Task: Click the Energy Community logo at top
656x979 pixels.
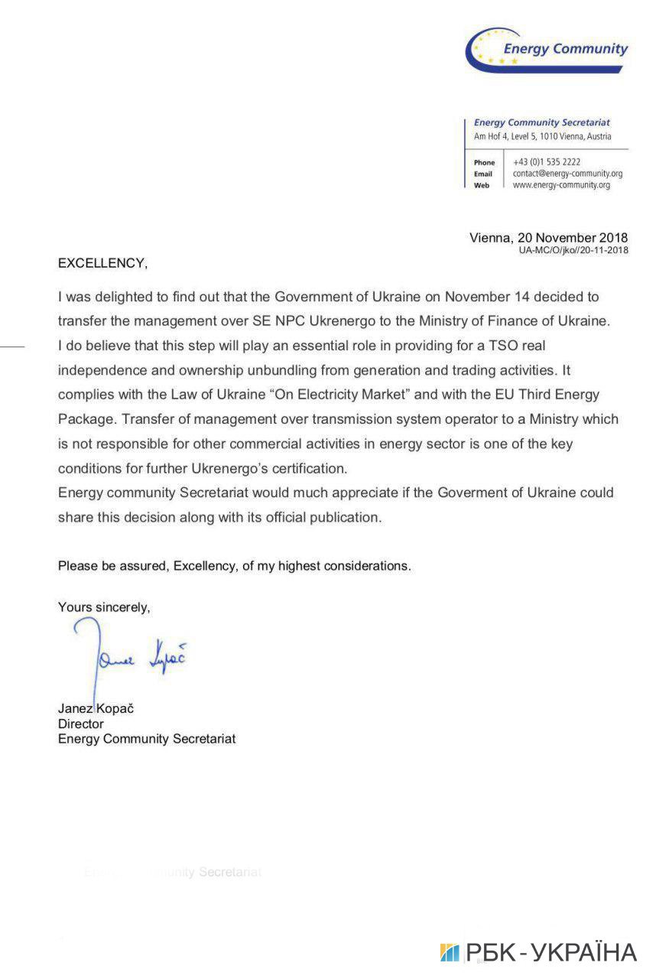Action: [x=547, y=50]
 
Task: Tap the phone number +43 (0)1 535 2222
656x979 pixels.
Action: [x=547, y=162]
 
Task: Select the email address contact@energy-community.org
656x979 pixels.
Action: [x=567, y=174]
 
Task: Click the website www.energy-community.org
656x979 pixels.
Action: [x=561, y=185]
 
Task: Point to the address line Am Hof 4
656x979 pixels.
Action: [x=542, y=136]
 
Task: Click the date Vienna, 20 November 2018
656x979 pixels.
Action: [x=548, y=237]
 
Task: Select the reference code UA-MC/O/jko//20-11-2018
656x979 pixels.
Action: [x=573, y=250]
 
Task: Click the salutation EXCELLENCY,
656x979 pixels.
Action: [x=102, y=263]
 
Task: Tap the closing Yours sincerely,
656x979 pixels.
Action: [x=104, y=607]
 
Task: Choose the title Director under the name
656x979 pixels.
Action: [x=81, y=724]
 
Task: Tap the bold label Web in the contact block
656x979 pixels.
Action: [x=482, y=186]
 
